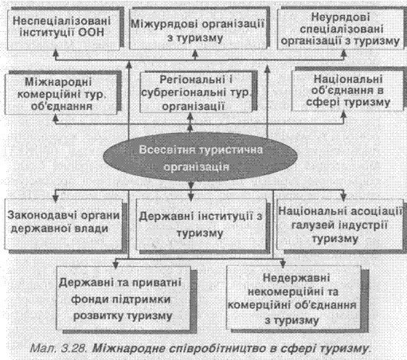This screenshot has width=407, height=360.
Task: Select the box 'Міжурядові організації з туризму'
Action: coord(198,29)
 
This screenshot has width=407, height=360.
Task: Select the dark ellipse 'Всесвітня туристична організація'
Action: coord(200,157)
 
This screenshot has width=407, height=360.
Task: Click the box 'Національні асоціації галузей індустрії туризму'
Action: coord(340,225)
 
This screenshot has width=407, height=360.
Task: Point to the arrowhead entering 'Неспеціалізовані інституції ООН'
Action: coord(56,53)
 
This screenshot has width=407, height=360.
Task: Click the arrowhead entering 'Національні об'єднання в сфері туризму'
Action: coord(343,115)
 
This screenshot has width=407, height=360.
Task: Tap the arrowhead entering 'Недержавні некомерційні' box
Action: coord(283,264)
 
